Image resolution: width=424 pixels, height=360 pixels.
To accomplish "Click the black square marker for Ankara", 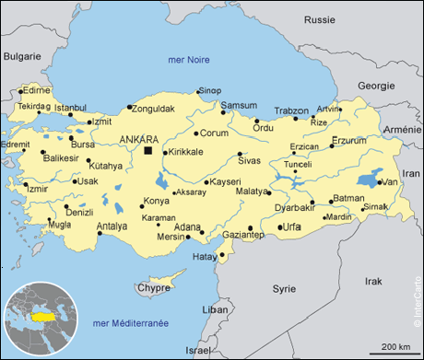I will [147, 149].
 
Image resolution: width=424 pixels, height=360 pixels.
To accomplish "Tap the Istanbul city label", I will [70, 108].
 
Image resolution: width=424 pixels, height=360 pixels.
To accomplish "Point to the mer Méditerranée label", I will [131, 323].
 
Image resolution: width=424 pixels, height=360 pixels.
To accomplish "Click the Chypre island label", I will [153, 287].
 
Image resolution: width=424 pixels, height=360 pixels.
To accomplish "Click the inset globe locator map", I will [40, 319].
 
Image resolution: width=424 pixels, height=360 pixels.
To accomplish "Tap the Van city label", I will [390, 182].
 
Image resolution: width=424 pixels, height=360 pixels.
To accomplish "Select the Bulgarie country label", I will [22, 56].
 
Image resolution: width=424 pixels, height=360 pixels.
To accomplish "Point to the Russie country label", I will [319, 18].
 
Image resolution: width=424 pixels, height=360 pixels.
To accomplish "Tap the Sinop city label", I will [210, 90].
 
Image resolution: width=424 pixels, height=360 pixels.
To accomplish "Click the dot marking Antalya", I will [100, 233].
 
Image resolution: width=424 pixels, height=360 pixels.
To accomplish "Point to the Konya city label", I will [157, 201].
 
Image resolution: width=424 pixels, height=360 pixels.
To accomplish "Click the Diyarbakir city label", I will [296, 208].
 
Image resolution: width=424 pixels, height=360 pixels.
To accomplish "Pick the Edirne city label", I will [36, 90].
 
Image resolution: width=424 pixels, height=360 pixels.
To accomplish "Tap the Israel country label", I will [197, 351].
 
